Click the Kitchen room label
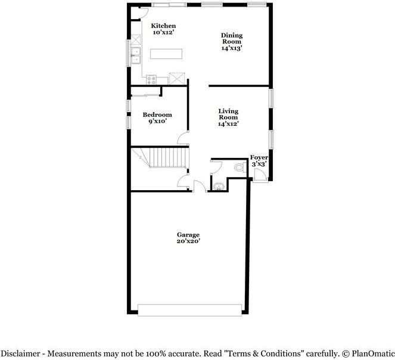point(163,26)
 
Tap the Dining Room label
point(232,38)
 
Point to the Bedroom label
point(157,114)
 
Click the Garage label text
point(188,234)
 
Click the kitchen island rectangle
point(165,54)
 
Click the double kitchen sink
point(135,55)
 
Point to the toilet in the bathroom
point(240,167)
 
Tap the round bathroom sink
point(217,187)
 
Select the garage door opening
point(190,309)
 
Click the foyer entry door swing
point(259,174)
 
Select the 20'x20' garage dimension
point(188,241)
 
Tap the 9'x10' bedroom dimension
point(157,122)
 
